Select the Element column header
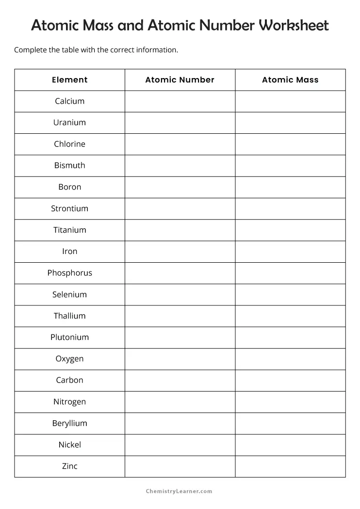[70, 80]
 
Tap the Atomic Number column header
[180, 80]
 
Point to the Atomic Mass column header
[290, 80]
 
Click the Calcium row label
[70, 101]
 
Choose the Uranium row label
[70, 123]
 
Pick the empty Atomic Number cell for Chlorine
[180, 144]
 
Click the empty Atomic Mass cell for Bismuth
[290, 165]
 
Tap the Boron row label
[70, 187]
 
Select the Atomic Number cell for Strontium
[180, 208]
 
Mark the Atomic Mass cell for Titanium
[290, 230]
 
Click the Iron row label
[70, 252]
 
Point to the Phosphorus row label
[70, 273]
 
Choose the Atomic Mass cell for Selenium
[290, 294]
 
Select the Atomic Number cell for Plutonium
[180, 337]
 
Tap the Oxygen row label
[70, 359]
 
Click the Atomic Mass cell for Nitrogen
[290, 402]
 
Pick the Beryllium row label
[70, 423]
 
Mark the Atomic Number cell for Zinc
[180, 466]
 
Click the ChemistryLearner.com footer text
[179, 491]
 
